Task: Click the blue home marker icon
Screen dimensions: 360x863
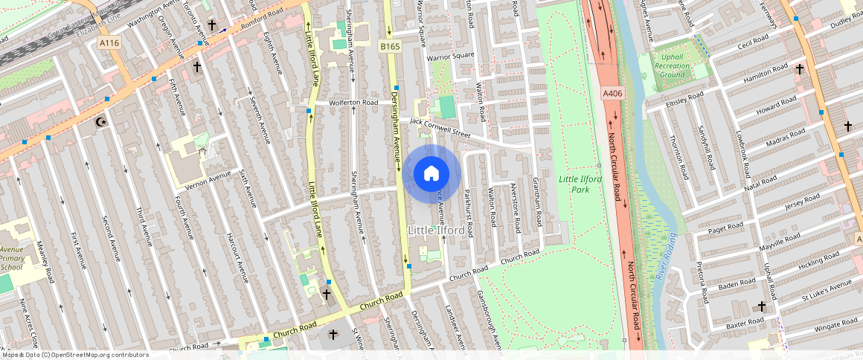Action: point(431,174)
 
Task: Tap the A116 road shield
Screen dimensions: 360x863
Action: point(109,43)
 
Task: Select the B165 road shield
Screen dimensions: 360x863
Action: point(390,47)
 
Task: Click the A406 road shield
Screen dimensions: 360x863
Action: point(612,93)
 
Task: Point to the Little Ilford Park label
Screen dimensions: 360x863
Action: point(580,184)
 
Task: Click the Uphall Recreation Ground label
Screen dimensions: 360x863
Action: point(672,65)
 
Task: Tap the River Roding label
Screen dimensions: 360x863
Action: point(666,257)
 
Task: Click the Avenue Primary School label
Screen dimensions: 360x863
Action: point(12,257)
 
